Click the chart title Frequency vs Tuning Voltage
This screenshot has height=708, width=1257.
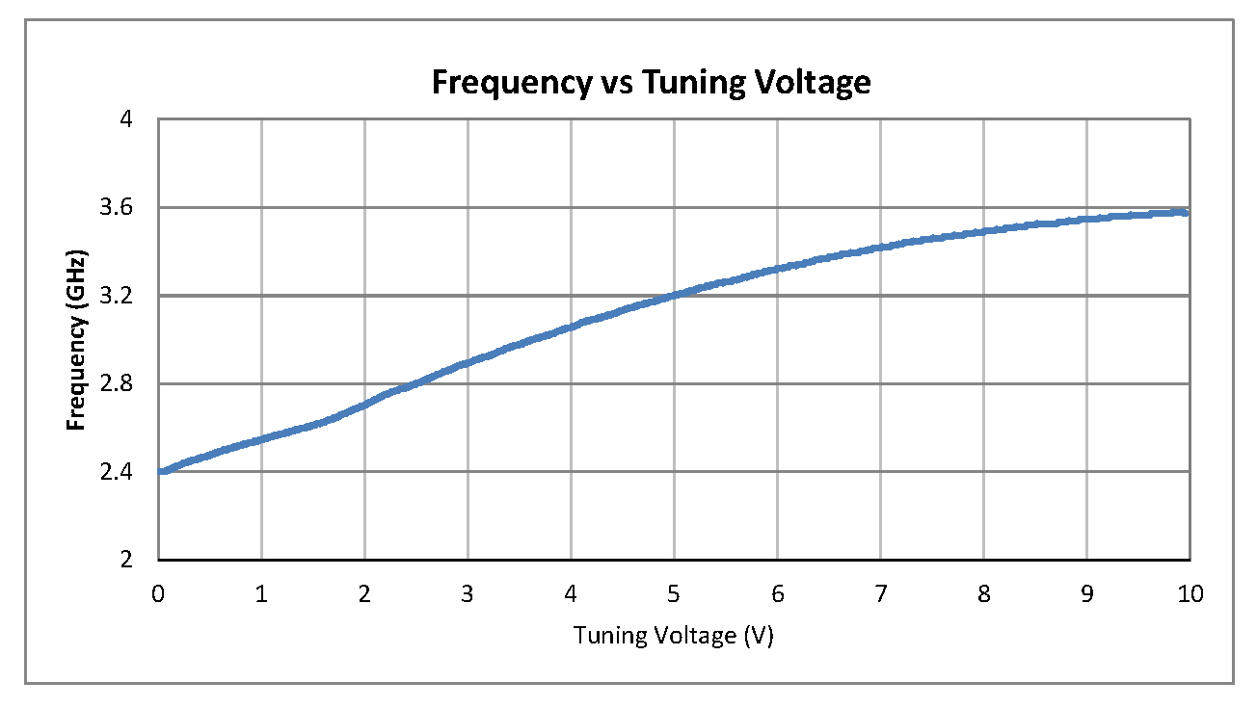point(651,83)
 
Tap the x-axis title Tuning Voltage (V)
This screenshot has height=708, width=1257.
point(674,636)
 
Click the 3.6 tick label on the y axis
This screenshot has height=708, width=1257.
point(127,207)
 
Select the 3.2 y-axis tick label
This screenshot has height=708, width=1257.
point(127,296)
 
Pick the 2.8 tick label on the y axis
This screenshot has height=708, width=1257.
point(127,383)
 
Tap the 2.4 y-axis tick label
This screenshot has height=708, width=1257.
point(127,472)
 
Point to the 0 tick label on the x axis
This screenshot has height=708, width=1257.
point(158,593)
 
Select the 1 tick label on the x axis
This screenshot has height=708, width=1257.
point(261,593)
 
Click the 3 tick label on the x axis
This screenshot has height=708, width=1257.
point(468,593)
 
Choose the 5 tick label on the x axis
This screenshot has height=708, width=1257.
point(674,593)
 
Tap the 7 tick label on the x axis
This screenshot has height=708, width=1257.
point(880,593)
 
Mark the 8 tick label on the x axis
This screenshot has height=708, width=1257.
point(983,593)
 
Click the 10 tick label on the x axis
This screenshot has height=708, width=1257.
point(1190,593)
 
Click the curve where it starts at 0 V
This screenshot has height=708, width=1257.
point(160,471)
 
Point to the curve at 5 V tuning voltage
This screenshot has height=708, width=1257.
point(674,295)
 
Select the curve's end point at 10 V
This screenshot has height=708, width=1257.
point(1188,212)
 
